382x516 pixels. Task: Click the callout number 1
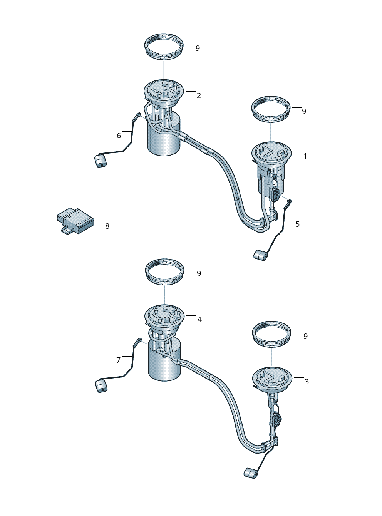click(305, 156)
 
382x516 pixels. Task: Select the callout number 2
click(199, 95)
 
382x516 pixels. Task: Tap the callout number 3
click(307, 382)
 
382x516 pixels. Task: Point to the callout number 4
click(199, 319)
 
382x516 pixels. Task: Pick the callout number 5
click(297, 224)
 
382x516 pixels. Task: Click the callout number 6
click(119, 136)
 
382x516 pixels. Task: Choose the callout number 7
click(119, 360)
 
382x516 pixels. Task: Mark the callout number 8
click(107, 226)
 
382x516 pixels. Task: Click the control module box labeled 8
click(75, 221)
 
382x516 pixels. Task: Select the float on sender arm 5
click(260, 255)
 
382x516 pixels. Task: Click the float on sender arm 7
click(101, 386)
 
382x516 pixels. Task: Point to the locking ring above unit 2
click(164, 47)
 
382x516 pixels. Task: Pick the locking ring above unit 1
click(271, 109)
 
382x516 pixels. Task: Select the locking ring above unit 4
click(165, 272)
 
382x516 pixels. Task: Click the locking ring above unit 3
click(271, 334)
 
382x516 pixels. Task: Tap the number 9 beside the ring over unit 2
click(198, 49)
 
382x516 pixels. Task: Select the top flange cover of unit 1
click(271, 153)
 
